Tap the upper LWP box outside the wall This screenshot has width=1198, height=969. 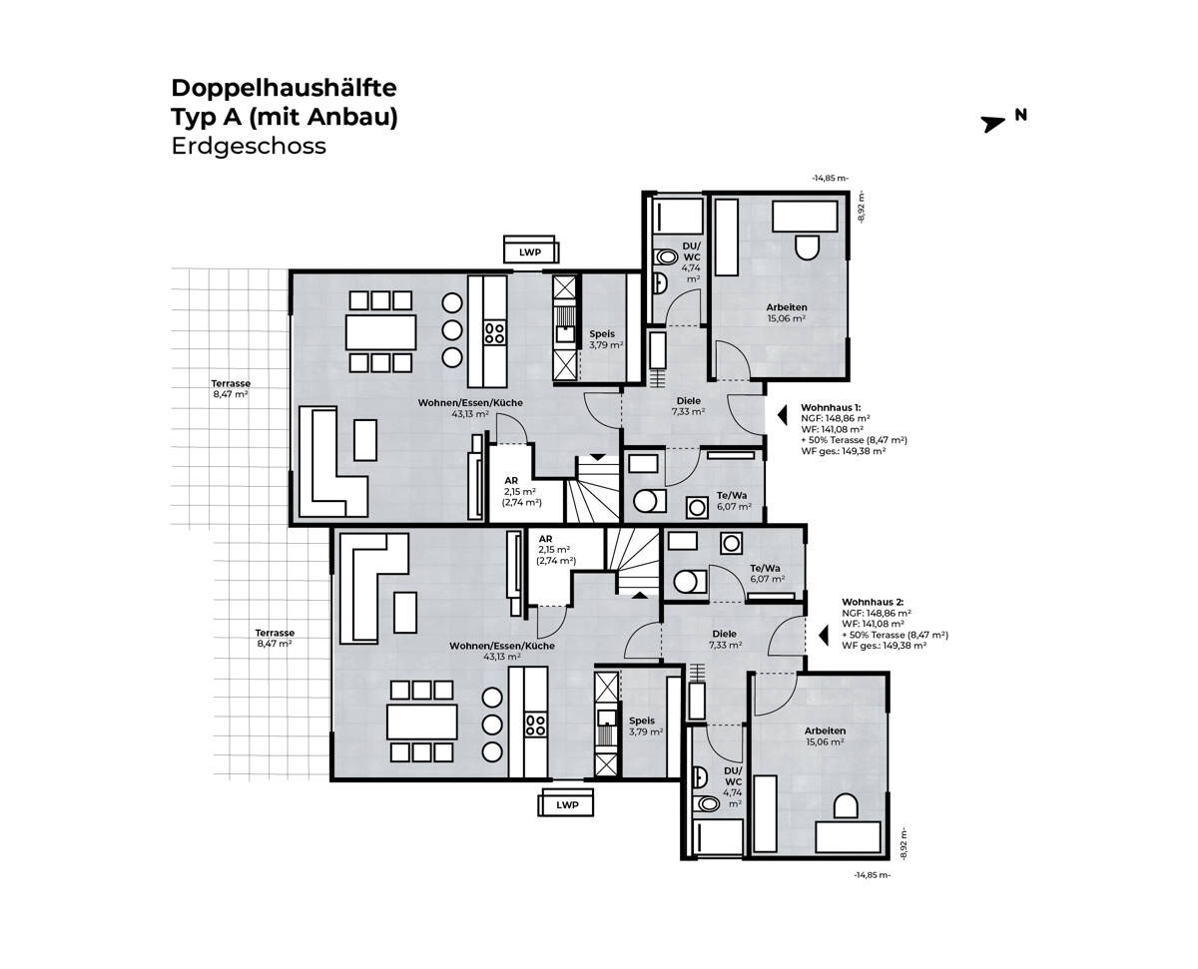529,252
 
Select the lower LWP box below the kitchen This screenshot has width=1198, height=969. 567,803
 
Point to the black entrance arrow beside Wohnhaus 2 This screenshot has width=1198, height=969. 824,634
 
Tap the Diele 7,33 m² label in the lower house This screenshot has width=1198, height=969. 724,640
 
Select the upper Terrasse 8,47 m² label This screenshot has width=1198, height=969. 230,389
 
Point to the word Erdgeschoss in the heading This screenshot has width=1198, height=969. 249,146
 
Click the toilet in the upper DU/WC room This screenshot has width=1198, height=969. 664,257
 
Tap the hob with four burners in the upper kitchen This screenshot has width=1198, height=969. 494,332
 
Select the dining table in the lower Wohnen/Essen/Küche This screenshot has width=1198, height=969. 422,720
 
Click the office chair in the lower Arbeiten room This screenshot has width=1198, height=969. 845,807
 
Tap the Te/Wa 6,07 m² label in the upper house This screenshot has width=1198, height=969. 733,501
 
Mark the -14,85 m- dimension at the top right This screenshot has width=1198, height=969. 830,179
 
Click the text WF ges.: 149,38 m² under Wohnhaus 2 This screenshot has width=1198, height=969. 885,646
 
